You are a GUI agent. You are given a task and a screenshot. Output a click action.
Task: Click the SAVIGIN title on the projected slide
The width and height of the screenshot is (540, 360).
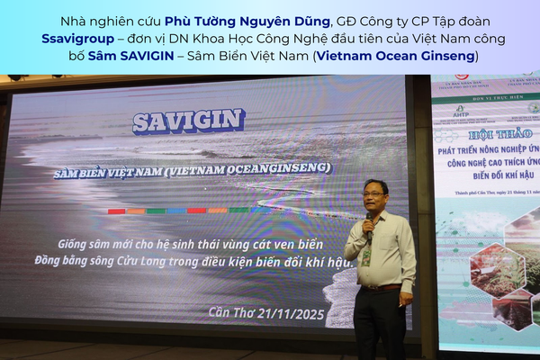coord(188,121)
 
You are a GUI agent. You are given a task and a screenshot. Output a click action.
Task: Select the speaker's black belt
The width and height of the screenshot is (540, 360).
coord(380,289)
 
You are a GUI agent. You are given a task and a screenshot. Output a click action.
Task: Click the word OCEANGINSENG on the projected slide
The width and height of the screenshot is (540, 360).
coord(280,168)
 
